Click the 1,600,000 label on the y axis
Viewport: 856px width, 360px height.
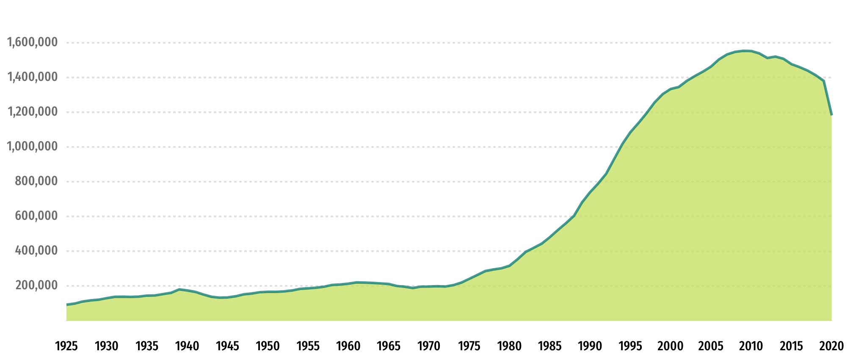pyautogui.click(x=32, y=42)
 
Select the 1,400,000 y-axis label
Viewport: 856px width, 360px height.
pyautogui.click(x=32, y=77)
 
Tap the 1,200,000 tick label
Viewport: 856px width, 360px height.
pyautogui.click(x=32, y=112)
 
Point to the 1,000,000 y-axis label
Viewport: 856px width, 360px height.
pyautogui.click(x=32, y=147)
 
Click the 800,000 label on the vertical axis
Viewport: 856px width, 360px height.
pyautogui.click(x=36, y=181)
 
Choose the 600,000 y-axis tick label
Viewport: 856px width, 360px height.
pyautogui.click(x=36, y=216)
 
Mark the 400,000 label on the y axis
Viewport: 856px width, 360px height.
pyautogui.click(x=36, y=251)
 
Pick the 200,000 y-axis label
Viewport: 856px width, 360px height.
pyautogui.click(x=36, y=285)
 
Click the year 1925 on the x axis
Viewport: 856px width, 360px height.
pyautogui.click(x=66, y=346)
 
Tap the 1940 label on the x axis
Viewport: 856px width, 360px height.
pyautogui.click(x=187, y=346)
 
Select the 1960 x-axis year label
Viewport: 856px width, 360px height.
pyautogui.click(x=348, y=346)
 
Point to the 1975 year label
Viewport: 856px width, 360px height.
pyautogui.click(x=469, y=346)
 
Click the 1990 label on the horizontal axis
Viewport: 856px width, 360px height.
pyautogui.click(x=590, y=346)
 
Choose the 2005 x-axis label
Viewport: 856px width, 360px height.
pyautogui.click(x=711, y=346)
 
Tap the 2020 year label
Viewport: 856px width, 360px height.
pyautogui.click(x=831, y=346)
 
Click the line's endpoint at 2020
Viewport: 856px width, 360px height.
pyautogui.click(x=831, y=115)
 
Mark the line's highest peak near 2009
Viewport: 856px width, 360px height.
pyautogui.click(x=744, y=51)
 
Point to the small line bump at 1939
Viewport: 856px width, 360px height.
pyautogui.click(x=179, y=289)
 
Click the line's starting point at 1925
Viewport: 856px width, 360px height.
pyautogui.click(x=67, y=305)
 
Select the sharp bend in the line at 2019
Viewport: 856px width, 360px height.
pyautogui.click(x=823, y=81)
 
